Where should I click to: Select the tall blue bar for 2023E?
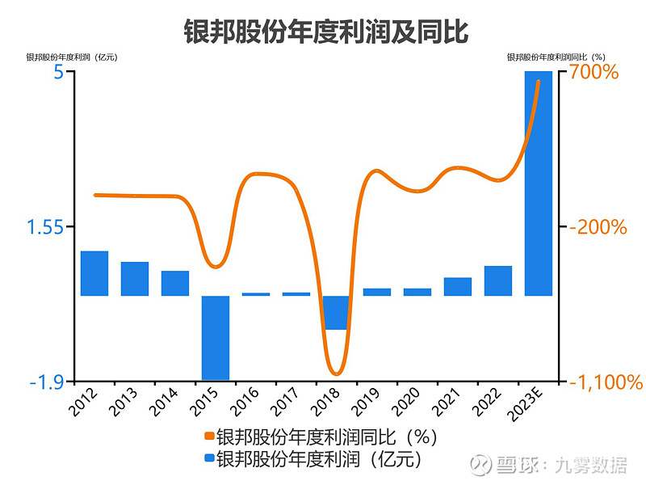click(539, 183)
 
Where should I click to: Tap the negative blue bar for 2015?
click(216, 337)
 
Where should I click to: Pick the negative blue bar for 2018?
click(337, 313)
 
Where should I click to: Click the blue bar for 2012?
click(94, 273)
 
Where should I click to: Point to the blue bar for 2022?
click(498, 280)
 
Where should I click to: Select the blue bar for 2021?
click(458, 286)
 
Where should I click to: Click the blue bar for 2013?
click(135, 279)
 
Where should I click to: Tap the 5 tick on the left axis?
click(58, 72)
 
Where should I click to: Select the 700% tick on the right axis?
click(595, 73)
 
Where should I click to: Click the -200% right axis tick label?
click(598, 227)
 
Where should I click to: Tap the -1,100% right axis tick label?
click(606, 382)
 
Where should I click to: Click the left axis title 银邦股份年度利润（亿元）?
click(72, 57)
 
